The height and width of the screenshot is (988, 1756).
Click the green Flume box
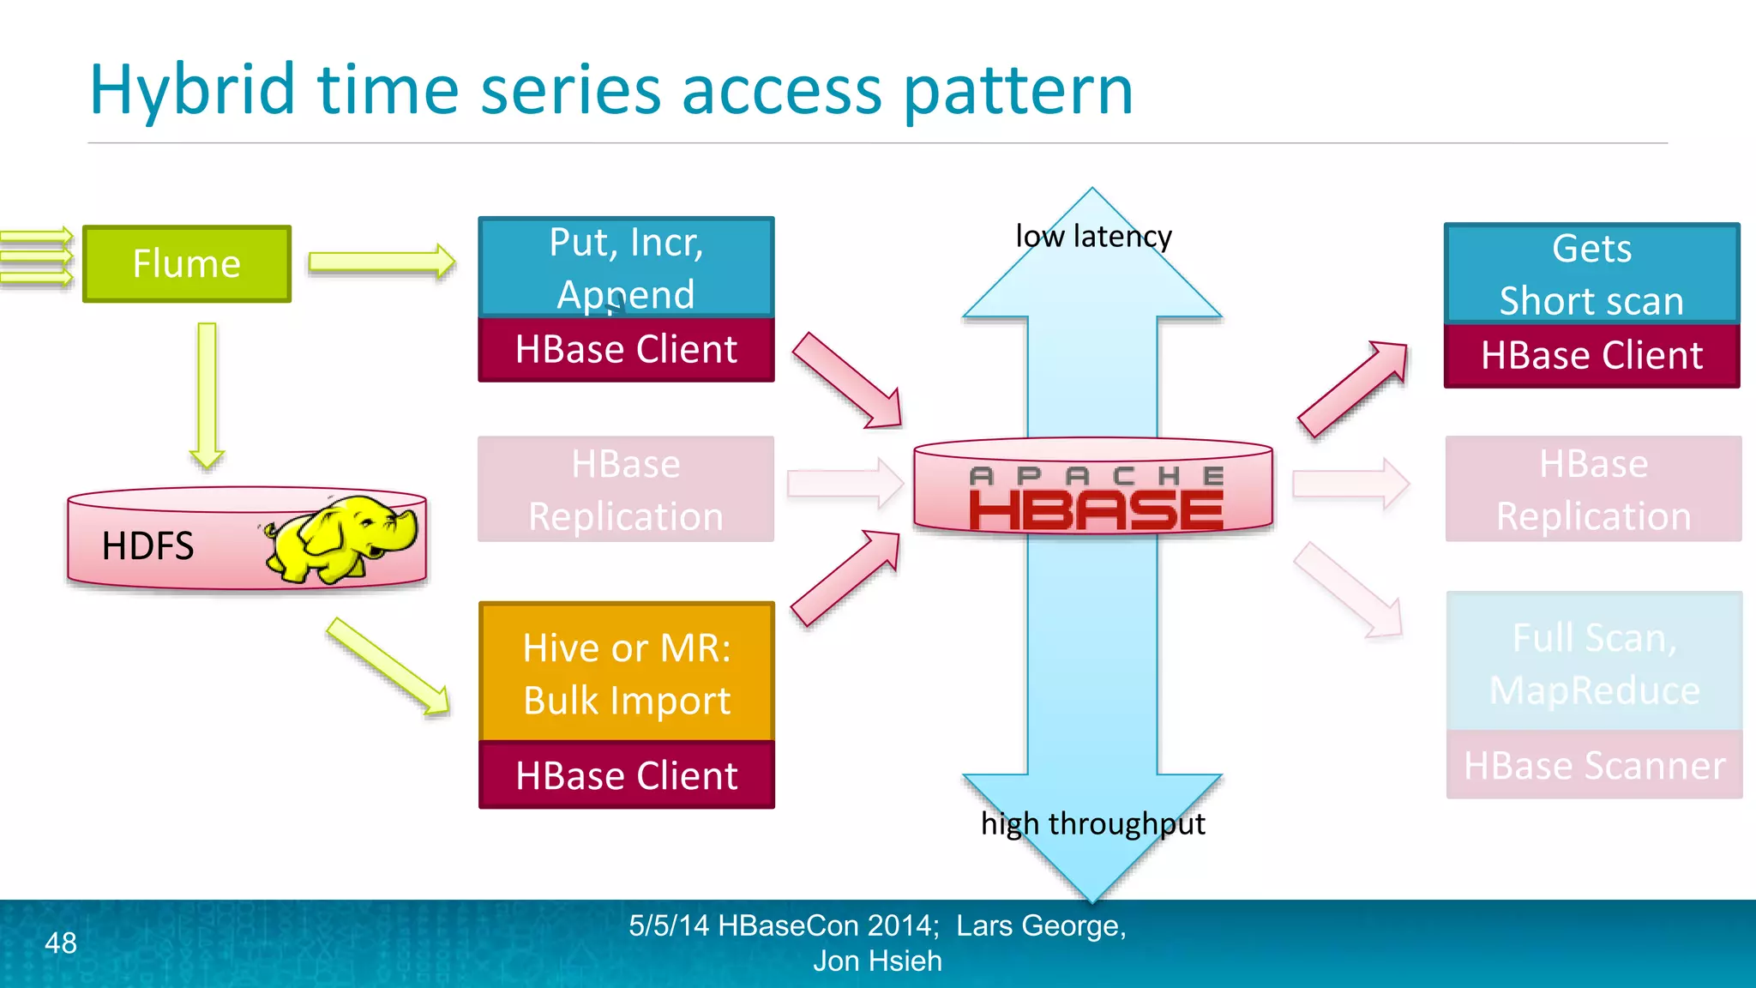[186, 263]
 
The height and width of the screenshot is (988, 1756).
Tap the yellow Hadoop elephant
[343, 540]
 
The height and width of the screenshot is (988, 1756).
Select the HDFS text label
[147, 546]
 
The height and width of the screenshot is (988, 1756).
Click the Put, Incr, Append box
[626, 268]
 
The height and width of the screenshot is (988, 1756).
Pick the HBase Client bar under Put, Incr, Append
[626, 350]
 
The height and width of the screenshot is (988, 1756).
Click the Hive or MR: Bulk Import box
[626, 672]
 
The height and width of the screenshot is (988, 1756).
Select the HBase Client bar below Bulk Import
[626, 775]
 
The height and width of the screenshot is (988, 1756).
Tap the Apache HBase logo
[1095, 499]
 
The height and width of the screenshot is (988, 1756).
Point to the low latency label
[1093, 236]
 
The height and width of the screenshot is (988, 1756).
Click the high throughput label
[1092, 823]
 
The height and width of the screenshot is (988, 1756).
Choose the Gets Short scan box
[1591, 274]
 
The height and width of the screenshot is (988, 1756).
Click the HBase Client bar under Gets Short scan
[1591, 355]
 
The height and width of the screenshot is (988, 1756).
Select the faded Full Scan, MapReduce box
[1594, 663]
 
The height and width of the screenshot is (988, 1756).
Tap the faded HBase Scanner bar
[1594, 765]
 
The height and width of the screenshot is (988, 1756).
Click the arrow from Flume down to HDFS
[207, 395]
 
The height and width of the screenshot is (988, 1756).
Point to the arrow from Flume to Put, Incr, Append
[381, 262]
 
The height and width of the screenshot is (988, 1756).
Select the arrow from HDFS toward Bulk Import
[388, 666]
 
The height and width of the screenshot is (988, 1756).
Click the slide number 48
[61, 943]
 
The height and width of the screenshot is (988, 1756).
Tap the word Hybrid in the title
[192, 90]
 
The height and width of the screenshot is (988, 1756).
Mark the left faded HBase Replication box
[626, 490]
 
